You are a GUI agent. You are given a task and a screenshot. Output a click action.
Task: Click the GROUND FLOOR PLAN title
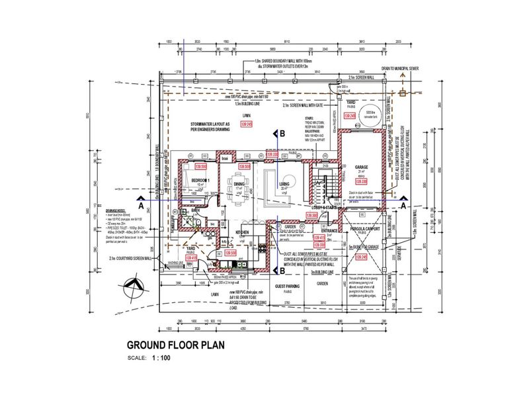(x=175, y=345)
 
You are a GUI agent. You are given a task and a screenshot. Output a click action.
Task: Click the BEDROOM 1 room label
(x=200, y=181)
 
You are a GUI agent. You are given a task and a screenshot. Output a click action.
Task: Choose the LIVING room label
(x=284, y=184)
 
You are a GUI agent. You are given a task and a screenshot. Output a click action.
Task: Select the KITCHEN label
(x=241, y=233)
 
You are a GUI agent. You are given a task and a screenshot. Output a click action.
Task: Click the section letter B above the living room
(x=282, y=134)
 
